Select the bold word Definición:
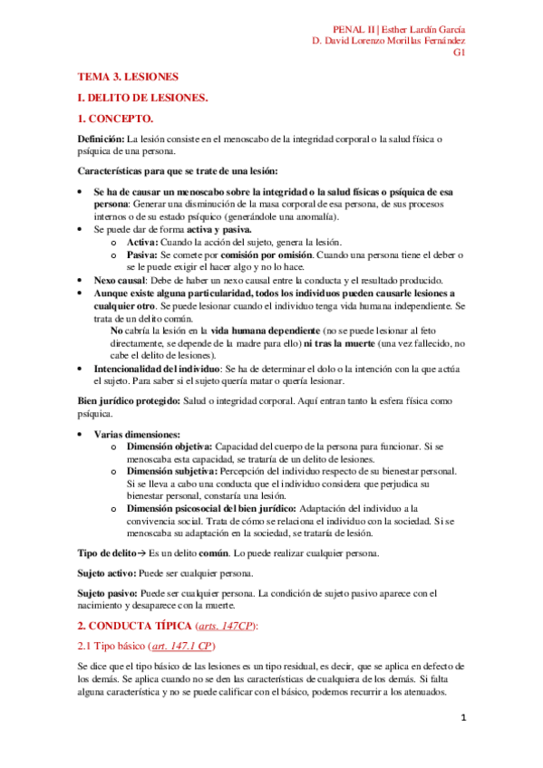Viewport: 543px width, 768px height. pyautogui.click(x=101, y=139)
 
